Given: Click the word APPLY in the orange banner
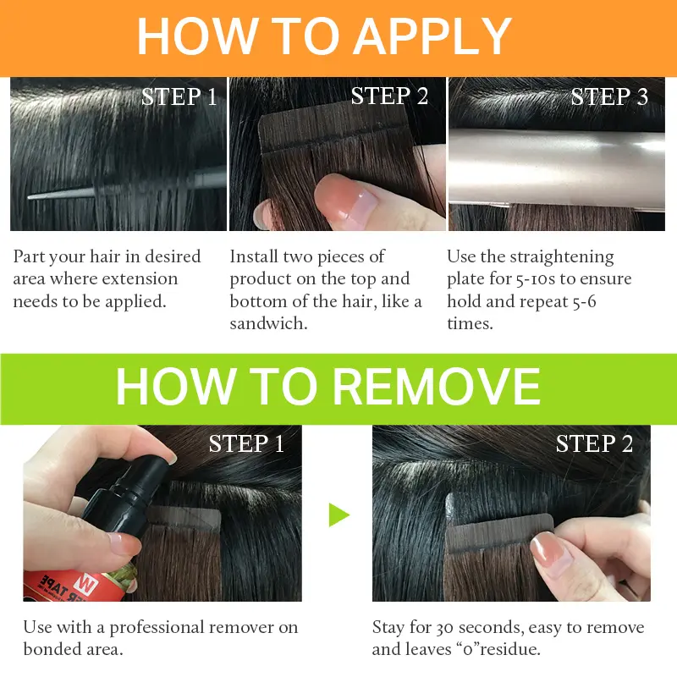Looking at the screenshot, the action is [434, 36].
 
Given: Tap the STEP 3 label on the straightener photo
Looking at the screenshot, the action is [609, 96].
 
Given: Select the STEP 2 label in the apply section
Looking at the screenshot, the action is [389, 96].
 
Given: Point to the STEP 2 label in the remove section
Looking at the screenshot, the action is [594, 443].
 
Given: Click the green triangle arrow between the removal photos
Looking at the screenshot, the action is [339, 515].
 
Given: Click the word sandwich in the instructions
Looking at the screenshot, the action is [268, 323].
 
